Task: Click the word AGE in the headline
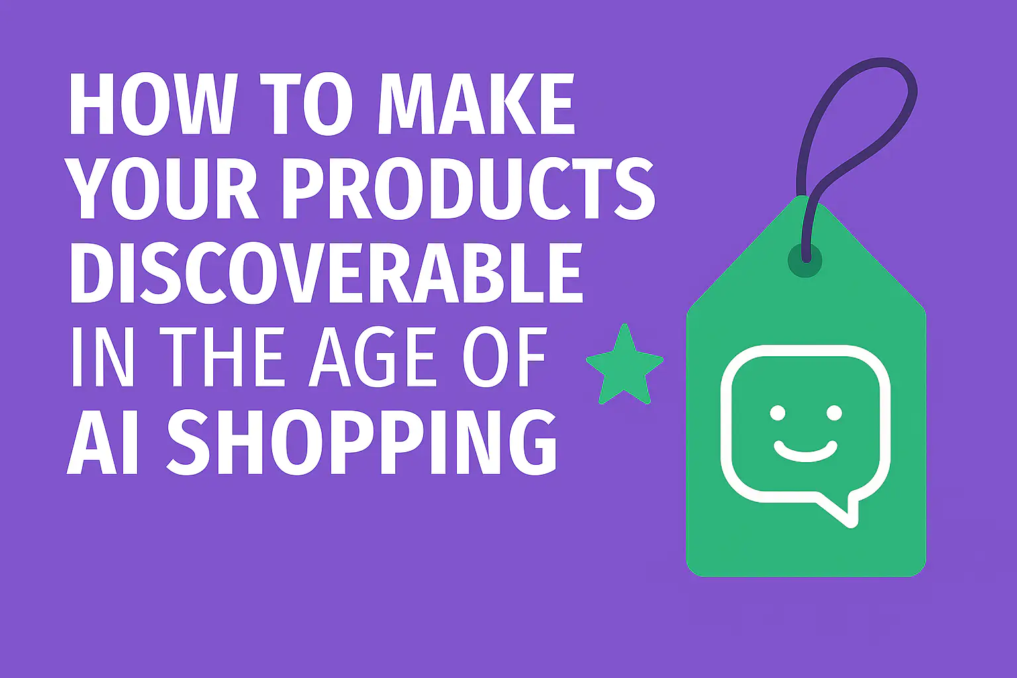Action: (x=375, y=357)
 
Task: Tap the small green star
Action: (x=624, y=367)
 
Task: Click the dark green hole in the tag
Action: (x=805, y=260)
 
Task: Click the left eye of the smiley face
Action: (x=777, y=413)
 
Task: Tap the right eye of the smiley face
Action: (x=834, y=413)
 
